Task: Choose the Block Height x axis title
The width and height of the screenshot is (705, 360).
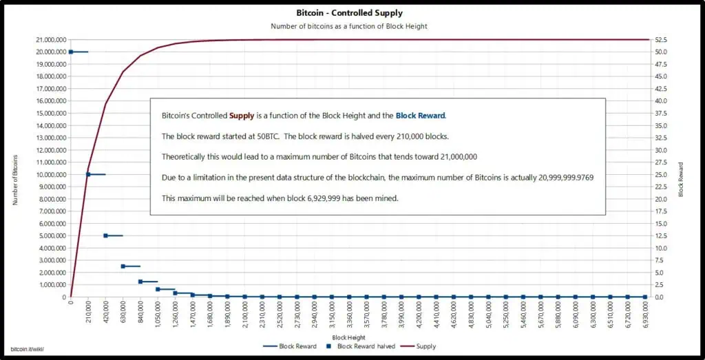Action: (x=348, y=337)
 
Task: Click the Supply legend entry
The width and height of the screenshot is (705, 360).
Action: (x=419, y=346)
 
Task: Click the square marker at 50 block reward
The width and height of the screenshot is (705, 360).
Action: (x=71, y=52)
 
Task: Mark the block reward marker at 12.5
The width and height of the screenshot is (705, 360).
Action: (x=105, y=235)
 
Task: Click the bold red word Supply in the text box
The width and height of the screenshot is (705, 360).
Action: (x=241, y=116)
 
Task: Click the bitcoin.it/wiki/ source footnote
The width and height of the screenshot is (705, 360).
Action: (x=28, y=350)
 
